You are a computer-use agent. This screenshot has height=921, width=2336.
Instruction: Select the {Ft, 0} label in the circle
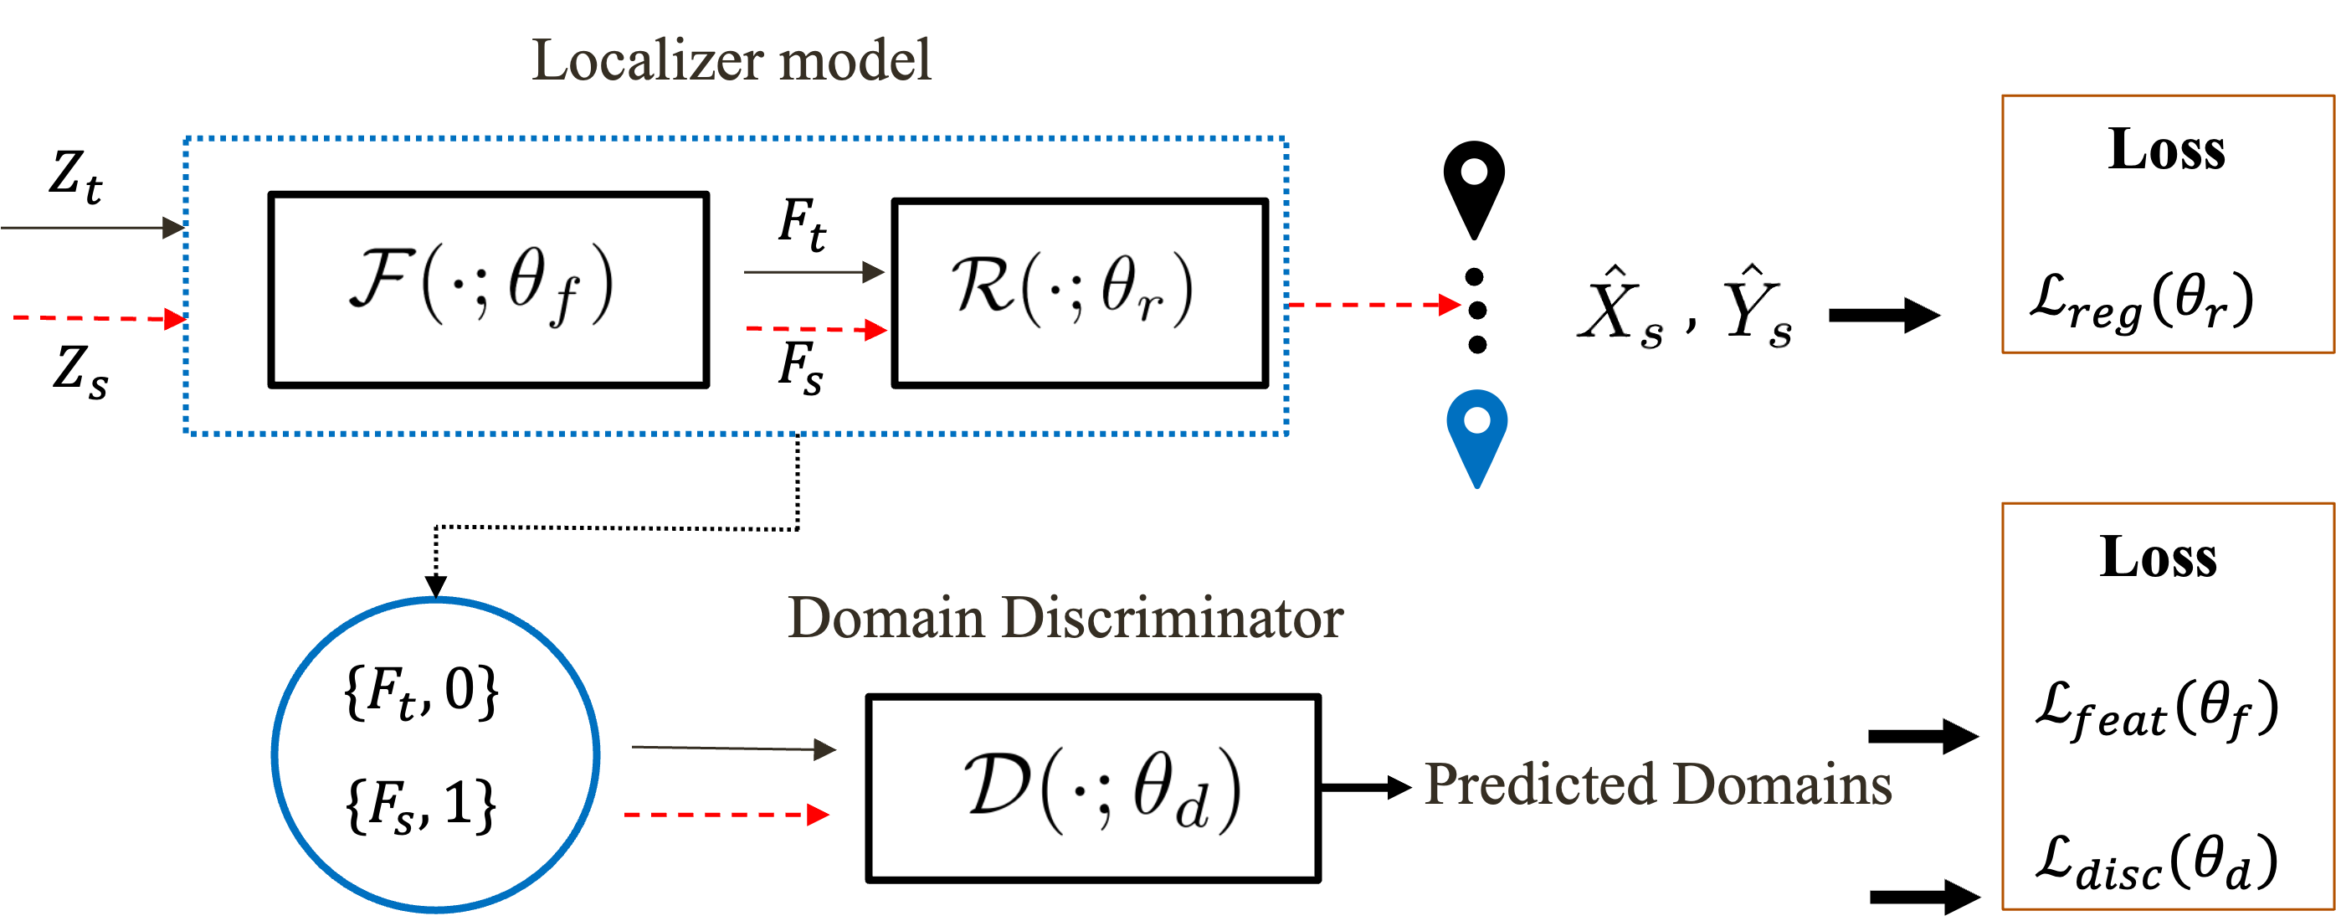pyautogui.click(x=421, y=692)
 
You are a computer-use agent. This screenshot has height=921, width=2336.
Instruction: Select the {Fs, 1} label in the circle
pyautogui.click(x=421, y=804)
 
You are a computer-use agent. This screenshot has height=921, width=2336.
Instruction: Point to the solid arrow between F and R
pyautogui.click(x=813, y=271)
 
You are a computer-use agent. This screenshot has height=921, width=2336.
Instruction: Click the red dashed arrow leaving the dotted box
pyautogui.click(x=1373, y=305)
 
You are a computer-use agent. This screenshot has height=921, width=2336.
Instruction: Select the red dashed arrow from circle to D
pyautogui.click(x=726, y=815)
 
